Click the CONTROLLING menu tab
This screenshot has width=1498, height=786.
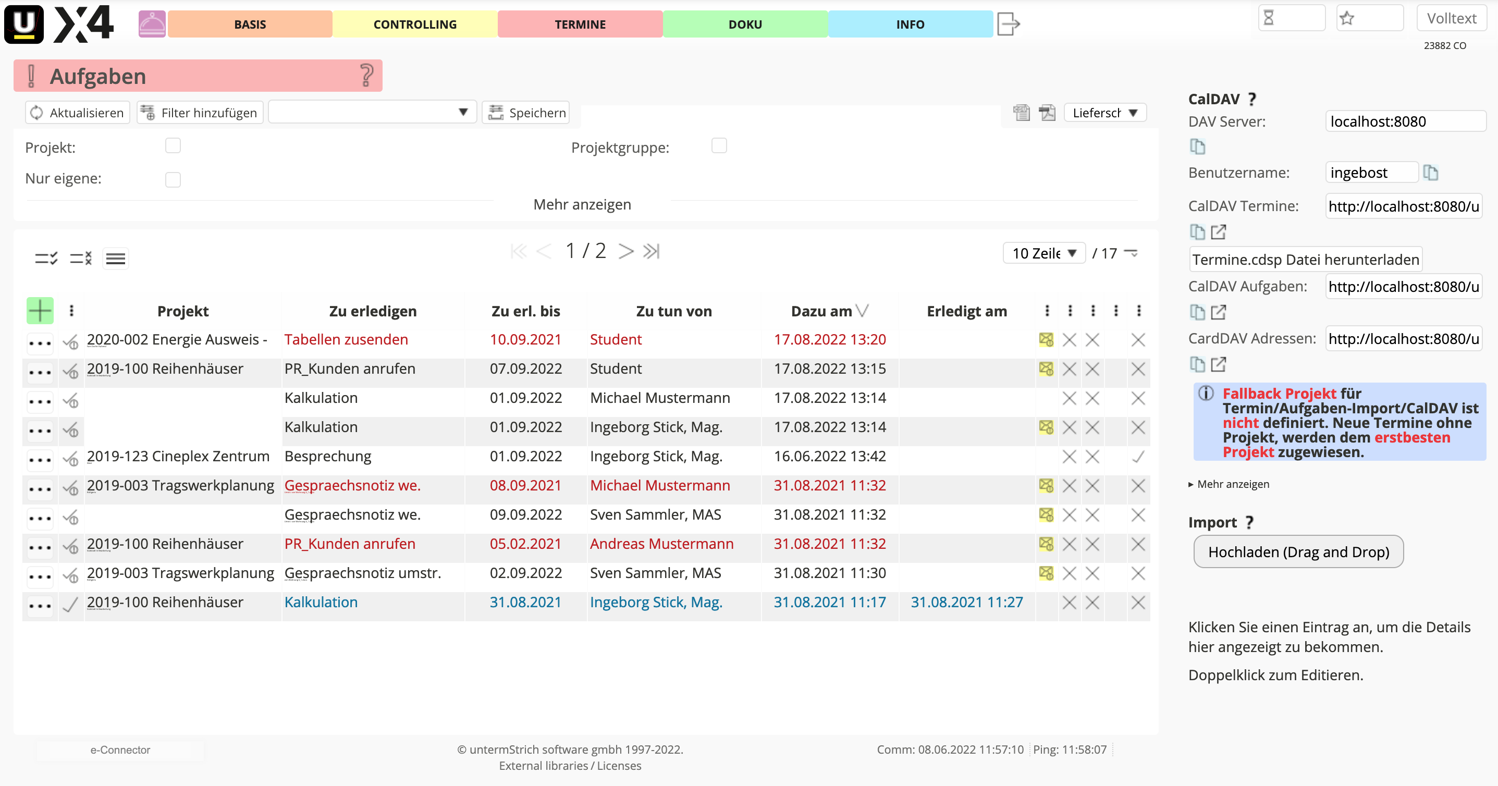point(414,24)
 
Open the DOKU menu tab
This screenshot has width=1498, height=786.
point(745,24)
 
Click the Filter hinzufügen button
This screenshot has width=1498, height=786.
point(200,113)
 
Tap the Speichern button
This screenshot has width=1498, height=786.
point(527,113)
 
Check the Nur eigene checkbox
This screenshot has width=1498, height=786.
point(173,180)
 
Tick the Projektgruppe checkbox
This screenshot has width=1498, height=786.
point(719,146)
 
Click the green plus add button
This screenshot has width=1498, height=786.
point(40,311)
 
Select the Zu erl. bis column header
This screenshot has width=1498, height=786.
point(526,312)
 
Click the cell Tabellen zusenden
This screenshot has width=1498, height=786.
point(346,339)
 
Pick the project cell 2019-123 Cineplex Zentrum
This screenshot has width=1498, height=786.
point(178,457)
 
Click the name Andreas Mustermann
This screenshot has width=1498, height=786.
point(662,544)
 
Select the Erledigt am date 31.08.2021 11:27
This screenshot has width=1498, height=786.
point(966,603)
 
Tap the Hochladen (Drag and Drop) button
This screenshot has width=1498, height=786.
point(1298,551)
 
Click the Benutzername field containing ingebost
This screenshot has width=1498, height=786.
point(1371,173)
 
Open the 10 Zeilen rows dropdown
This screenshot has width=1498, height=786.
point(1044,253)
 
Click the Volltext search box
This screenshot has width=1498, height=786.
point(1451,19)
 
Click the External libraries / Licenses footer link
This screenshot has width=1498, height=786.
point(570,766)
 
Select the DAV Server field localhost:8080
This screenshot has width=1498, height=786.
point(1404,121)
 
